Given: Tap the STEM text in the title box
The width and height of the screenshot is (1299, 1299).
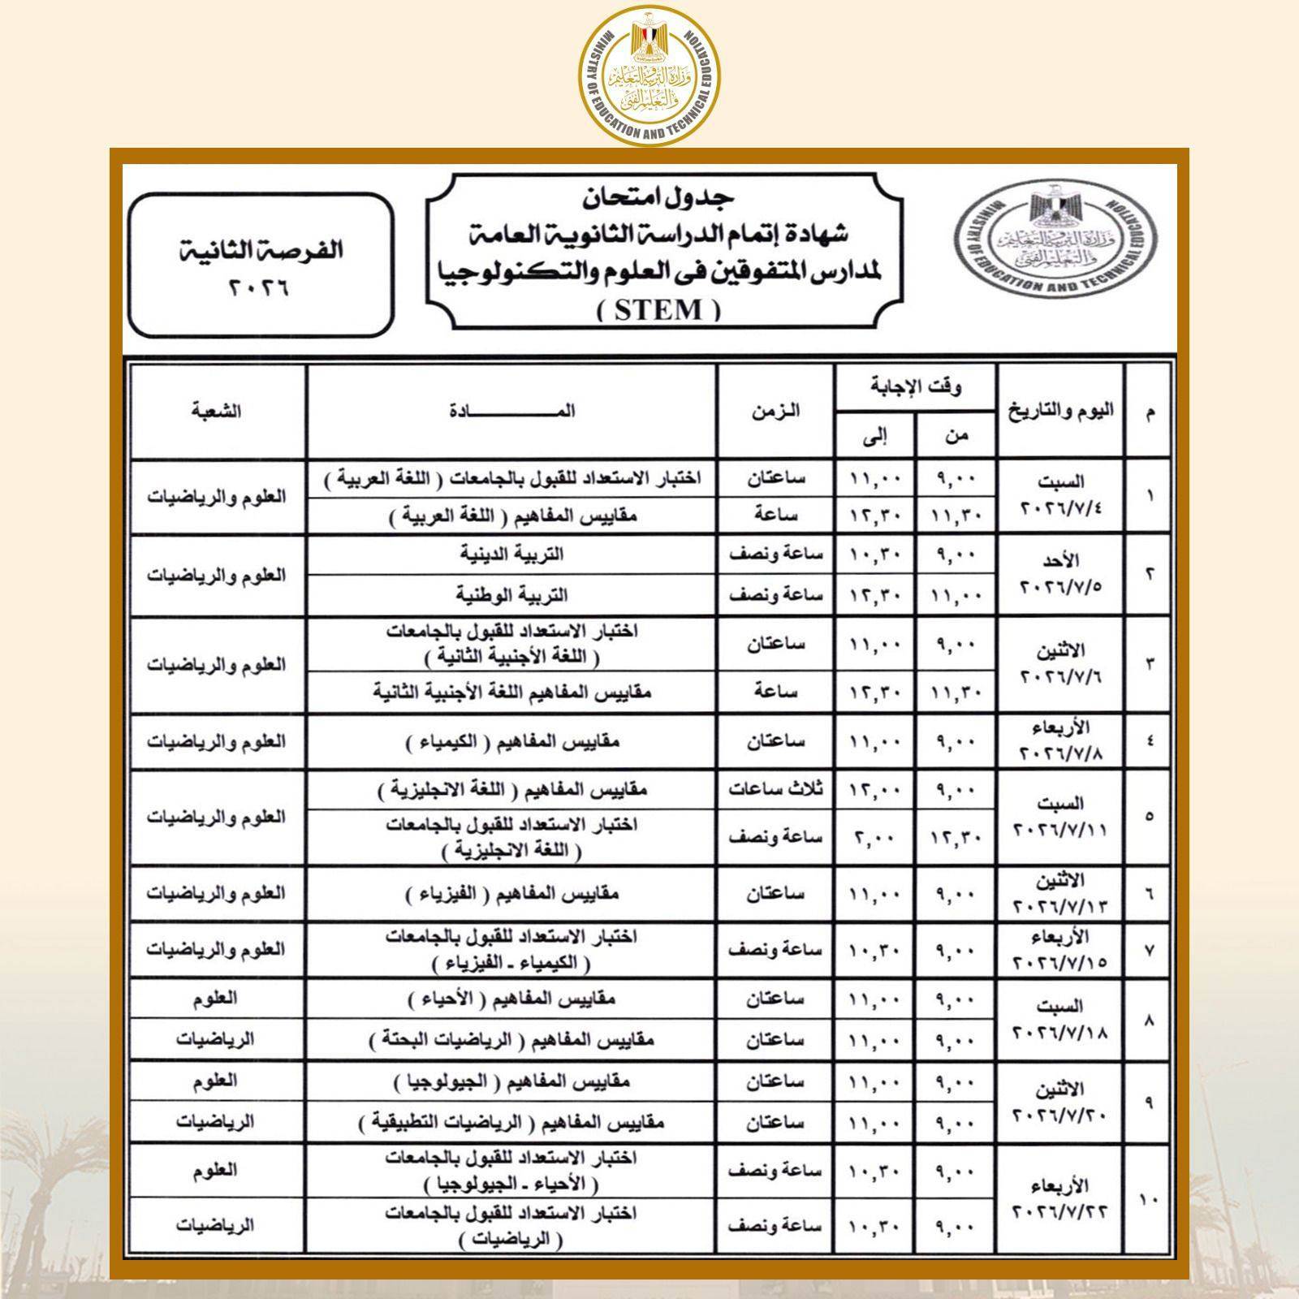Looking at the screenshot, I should [658, 310].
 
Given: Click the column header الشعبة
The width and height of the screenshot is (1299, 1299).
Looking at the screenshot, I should [217, 411].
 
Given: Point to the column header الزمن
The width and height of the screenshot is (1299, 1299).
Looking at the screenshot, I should [775, 411].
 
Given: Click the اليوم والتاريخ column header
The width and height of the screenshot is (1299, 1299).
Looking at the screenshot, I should [1060, 411].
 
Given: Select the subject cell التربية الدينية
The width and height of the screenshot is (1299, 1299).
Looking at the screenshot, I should [511, 555].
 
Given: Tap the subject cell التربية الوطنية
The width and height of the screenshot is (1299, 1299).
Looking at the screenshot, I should [511, 595].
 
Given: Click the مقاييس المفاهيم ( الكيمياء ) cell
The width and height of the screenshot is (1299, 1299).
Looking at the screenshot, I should [511, 741].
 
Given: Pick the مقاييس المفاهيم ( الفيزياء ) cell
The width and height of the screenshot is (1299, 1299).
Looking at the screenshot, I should [511, 894].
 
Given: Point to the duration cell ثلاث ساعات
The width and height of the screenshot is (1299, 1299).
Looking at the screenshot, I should [775, 788].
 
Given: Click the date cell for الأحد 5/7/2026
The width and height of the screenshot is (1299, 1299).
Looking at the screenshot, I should [1060, 573].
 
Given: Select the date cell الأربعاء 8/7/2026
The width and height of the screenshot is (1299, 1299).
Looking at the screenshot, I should [1060, 740].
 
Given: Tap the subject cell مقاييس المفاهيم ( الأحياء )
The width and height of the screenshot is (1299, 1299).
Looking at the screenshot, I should [511, 999].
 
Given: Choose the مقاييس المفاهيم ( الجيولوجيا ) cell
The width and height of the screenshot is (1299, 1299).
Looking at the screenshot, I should [511, 1081].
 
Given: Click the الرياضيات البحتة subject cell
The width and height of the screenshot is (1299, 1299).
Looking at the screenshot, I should [511, 1040].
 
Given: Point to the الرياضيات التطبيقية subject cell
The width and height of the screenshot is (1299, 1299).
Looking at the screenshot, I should [511, 1122].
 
